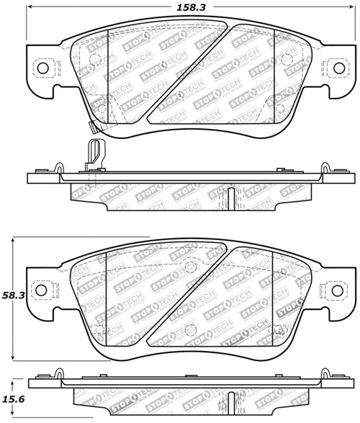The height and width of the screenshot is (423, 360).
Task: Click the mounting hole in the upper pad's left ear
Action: (x=41, y=68)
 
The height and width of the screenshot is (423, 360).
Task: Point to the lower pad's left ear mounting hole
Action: (x=41, y=293)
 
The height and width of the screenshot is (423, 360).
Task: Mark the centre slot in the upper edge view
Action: (x=229, y=196)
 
